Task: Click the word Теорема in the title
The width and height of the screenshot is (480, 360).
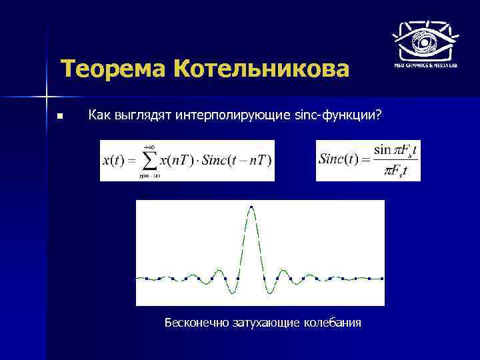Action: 113,69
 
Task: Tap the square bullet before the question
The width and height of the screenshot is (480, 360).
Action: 59,117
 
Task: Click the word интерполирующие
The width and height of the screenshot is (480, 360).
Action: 233,115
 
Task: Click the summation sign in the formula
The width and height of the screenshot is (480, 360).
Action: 151,161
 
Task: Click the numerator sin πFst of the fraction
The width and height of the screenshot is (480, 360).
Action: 396,151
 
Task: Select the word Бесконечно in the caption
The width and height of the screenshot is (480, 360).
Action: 197,323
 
